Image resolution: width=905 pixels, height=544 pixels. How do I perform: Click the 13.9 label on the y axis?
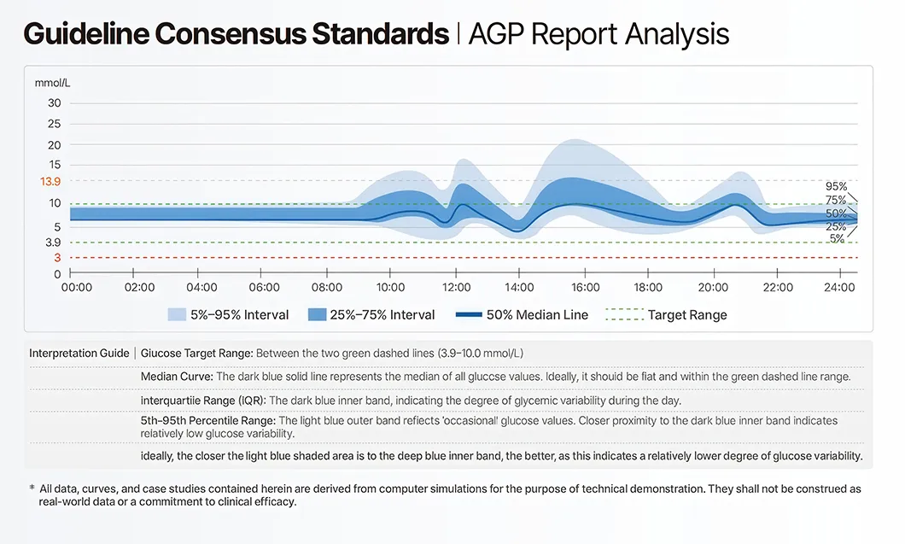(50, 181)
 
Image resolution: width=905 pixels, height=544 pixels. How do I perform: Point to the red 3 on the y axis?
(57, 258)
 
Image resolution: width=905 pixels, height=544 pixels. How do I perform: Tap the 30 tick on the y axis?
(54, 103)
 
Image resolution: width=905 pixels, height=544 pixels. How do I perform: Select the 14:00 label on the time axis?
(520, 288)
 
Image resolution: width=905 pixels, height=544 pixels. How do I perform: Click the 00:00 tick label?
(77, 288)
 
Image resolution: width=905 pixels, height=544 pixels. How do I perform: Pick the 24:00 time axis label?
(840, 288)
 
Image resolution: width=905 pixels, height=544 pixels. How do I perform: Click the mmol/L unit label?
(52, 83)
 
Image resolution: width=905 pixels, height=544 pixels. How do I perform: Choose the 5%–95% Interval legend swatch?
(177, 315)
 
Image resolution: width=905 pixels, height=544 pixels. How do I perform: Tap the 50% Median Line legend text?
(537, 315)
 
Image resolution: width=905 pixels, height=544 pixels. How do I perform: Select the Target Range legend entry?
(687, 315)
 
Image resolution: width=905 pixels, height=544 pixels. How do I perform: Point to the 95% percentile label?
(836, 186)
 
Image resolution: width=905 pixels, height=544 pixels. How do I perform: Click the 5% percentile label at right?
(838, 239)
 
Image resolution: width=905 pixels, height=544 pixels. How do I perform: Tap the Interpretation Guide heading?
(79, 354)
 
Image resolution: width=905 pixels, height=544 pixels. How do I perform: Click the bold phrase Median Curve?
(177, 377)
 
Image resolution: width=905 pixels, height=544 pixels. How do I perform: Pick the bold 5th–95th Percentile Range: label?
(207, 420)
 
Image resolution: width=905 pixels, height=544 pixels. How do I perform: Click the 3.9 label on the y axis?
(53, 243)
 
